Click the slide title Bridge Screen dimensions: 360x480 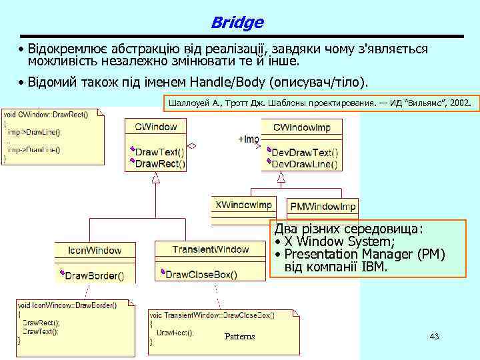pos(237,23)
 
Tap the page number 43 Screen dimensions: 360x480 pos(434,337)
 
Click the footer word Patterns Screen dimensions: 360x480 pos(239,337)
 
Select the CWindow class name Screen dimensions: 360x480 pos(155,126)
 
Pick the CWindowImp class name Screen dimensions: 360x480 pos(301,126)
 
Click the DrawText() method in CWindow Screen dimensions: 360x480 pos(160,151)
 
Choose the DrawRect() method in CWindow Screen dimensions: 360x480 pos(161,163)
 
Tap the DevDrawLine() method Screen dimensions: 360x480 pos(304,163)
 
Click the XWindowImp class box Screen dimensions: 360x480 pos(244,205)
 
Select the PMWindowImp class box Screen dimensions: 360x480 pos(323,206)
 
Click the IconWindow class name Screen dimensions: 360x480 pos(95,251)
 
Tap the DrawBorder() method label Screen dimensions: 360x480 pos(94,275)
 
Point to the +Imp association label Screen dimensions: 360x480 pos(248,139)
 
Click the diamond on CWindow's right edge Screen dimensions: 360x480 pos(192,145)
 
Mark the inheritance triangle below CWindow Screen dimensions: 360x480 pos(155,178)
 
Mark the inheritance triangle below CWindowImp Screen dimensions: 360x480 pos(281,177)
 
